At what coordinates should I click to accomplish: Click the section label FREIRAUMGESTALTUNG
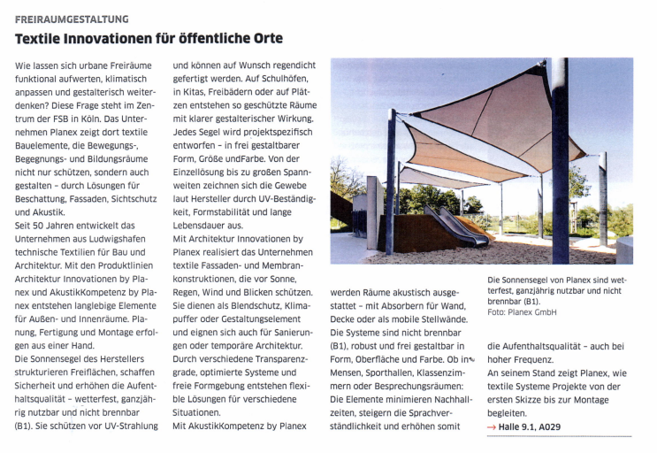[x=72, y=19]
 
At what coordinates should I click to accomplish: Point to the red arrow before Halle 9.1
[x=493, y=427]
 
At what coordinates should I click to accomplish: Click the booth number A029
[x=545, y=427]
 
